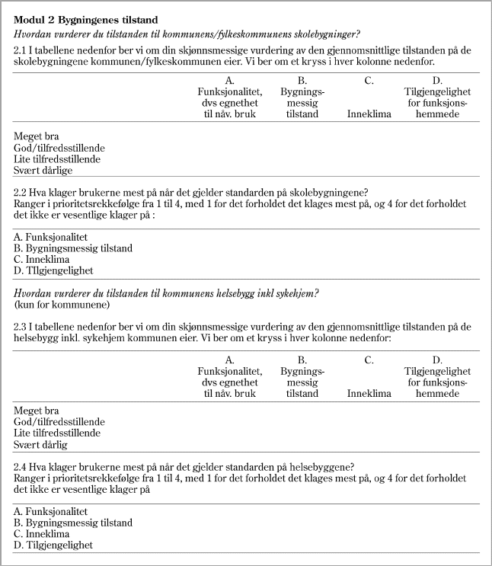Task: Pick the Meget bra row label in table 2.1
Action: point(37,137)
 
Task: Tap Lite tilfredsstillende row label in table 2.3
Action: point(57,433)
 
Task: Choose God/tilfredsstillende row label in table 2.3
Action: point(59,421)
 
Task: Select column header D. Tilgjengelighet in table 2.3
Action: point(436,377)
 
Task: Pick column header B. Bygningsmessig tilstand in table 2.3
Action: point(302,377)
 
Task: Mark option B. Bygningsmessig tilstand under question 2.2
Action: point(73,248)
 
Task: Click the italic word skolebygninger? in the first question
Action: point(325,34)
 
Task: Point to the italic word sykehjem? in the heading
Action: point(297,293)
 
